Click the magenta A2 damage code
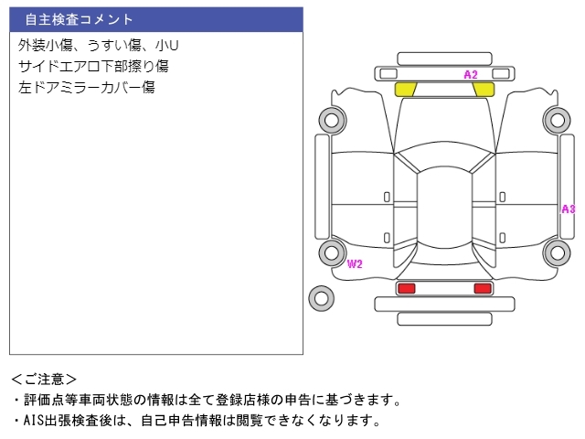[471, 75]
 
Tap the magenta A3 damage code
[569, 209]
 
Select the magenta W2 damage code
[355, 264]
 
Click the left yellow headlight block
[406, 90]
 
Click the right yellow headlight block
[484, 90]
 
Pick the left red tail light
[406, 288]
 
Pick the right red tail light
[483, 288]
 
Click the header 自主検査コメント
[79, 19]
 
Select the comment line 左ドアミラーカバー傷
[86, 88]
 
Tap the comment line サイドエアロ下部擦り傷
[93, 66]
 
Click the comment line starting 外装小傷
[98, 45]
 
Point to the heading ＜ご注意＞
[44, 380]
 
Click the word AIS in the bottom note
[34, 421]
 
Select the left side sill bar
[323, 187]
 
